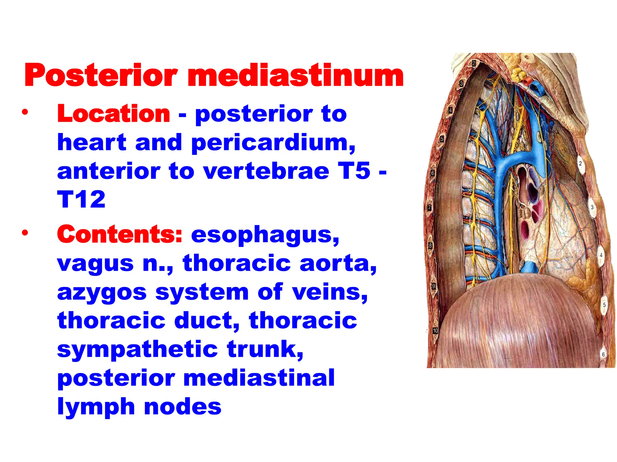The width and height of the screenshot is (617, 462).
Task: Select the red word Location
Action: (x=114, y=114)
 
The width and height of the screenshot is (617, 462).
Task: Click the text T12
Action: (x=81, y=199)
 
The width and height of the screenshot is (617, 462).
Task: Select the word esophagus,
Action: (x=265, y=235)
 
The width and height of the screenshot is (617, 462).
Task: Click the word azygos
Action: (x=102, y=292)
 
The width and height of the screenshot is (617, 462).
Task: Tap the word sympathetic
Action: (x=137, y=350)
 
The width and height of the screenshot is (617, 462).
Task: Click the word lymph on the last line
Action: (x=96, y=407)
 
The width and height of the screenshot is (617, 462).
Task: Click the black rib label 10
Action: (x=435, y=331)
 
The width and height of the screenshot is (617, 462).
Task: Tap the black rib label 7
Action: (x=430, y=208)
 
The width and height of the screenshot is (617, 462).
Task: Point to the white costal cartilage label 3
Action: (x=592, y=207)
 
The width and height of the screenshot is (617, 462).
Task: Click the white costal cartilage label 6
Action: (x=603, y=354)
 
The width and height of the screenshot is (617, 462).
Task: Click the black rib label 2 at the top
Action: (x=474, y=63)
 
